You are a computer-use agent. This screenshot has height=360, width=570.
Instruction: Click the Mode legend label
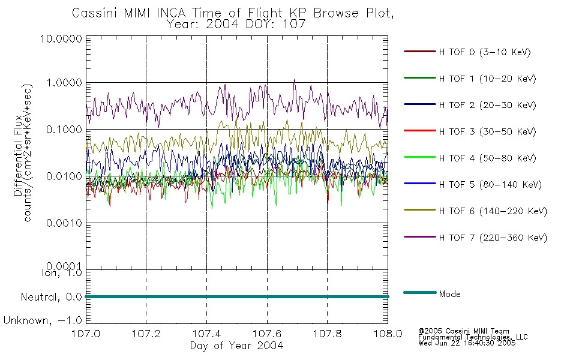click(x=449, y=294)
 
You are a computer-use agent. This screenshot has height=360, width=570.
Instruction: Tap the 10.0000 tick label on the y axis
click(x=61, y=38)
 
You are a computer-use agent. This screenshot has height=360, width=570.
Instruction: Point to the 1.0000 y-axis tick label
click(x=64, y=83)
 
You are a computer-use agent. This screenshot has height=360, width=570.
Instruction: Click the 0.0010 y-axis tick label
click(x=64, y=223)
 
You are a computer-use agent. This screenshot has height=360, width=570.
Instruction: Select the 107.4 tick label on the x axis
click(x=206, y=334)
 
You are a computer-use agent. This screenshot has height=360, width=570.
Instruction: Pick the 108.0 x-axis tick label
click(x=388, y=334)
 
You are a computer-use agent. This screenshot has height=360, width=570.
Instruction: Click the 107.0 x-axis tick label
click(x=86, y=334)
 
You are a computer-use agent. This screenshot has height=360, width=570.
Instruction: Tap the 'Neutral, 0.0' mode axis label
click(x=52, y=297)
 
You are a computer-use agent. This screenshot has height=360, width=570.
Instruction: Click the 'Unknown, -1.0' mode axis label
click(x=43, y=320)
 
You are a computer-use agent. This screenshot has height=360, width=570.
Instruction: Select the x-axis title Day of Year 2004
click(x=236, y=346)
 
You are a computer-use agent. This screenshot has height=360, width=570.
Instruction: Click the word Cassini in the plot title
click(x=95, y=13)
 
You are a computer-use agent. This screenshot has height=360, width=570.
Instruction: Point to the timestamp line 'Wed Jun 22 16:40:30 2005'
click(x=467, y=343)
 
